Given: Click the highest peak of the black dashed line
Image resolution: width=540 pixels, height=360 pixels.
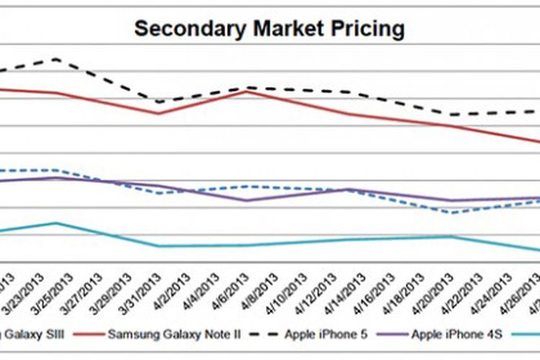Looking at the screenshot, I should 56,59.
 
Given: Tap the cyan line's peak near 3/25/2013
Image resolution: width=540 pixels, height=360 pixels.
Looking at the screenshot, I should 56,222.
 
